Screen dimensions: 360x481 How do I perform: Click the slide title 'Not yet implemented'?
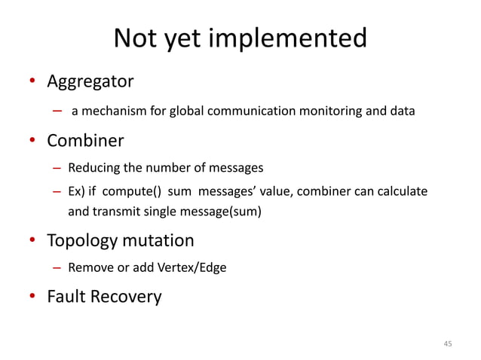click(240, 38)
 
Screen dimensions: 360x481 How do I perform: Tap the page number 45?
click(447, 343)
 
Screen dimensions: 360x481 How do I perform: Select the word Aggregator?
click(90, 80)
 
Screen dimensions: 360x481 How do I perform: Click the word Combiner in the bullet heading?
click(85, 140)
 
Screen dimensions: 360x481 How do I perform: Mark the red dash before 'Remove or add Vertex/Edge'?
click(57, 267)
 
